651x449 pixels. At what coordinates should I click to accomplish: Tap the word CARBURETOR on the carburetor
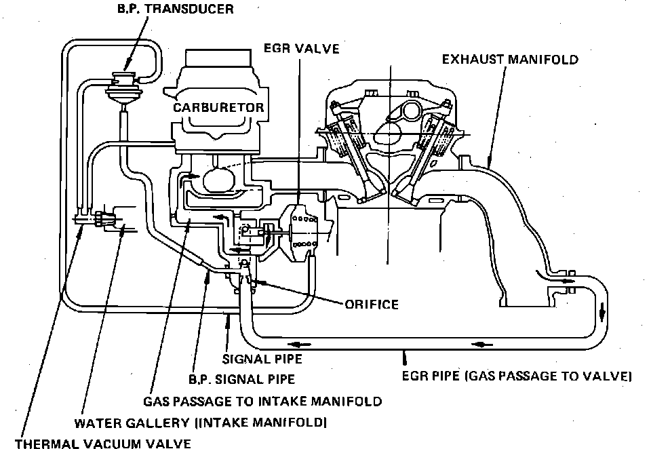tap(217, 107)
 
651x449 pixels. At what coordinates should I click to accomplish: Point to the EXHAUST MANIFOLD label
tap(510, 60)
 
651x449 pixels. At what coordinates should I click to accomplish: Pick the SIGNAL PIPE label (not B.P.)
tap(262, 359)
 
